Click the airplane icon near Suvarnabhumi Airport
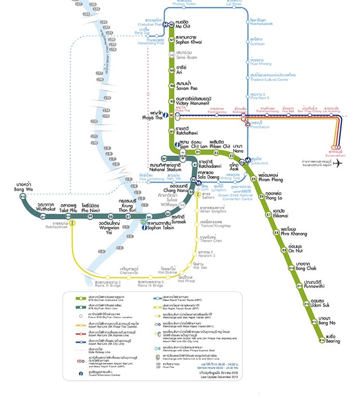tap(338, 164)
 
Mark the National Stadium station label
tap(165, 167)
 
